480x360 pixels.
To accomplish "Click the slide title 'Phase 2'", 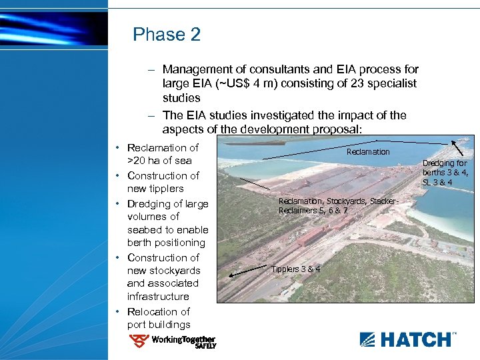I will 167,34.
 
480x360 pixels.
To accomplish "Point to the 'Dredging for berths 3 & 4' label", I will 445,173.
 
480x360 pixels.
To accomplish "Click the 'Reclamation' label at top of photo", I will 368,152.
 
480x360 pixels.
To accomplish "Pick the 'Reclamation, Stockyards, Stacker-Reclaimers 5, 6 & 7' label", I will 338,205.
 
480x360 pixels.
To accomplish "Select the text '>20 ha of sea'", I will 159,161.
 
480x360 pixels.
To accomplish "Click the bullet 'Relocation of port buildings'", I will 159,318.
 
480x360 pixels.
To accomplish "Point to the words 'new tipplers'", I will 155,189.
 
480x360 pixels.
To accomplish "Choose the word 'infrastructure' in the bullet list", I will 158,296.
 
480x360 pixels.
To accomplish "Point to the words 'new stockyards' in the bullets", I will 164,271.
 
